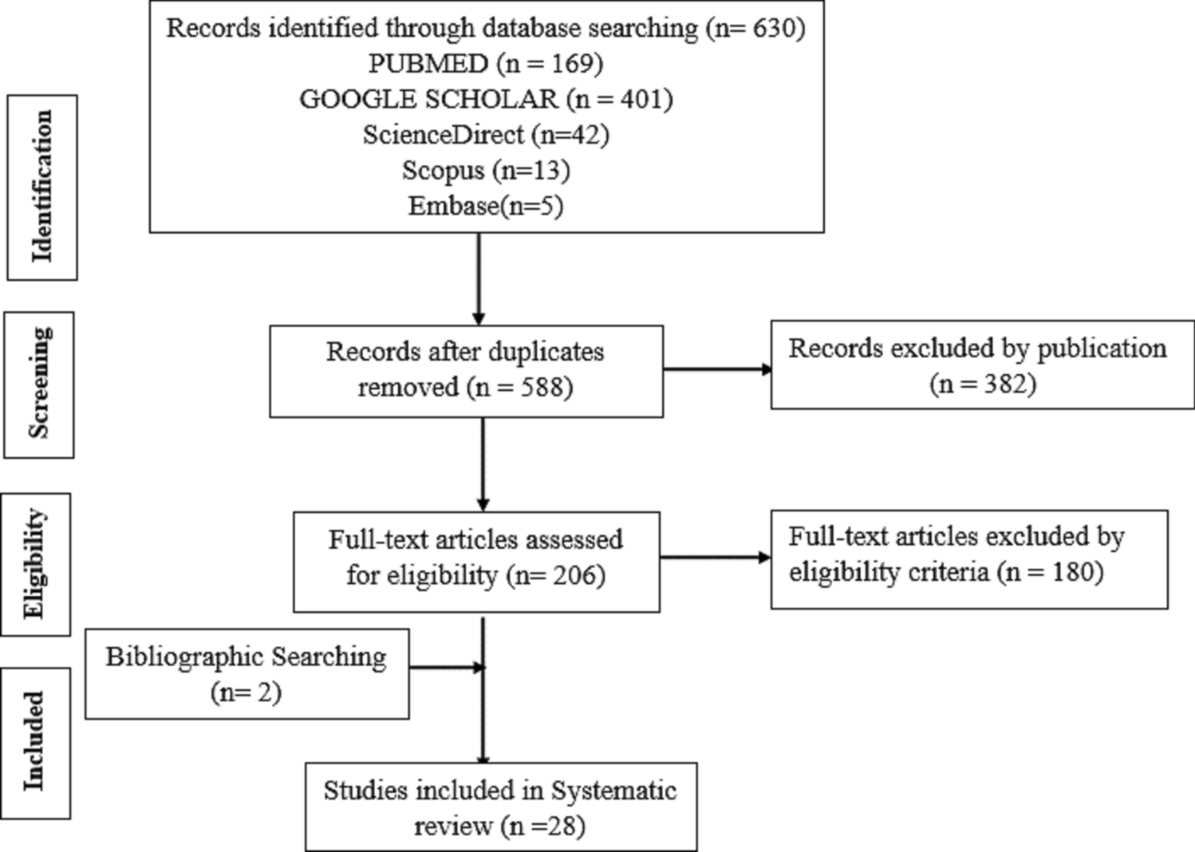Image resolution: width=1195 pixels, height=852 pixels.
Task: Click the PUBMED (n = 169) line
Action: pos(485,63)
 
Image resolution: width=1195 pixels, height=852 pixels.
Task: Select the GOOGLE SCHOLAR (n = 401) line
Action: pos(485,99)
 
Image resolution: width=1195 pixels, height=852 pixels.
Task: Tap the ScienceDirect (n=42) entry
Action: pos(485,134)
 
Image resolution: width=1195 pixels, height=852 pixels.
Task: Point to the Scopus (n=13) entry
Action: pos(485,170)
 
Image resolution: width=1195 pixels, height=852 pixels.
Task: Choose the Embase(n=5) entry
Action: pos(485,206)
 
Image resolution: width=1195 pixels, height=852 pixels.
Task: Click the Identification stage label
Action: pos(42,187)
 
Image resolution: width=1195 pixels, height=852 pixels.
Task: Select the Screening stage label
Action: pos(39,384)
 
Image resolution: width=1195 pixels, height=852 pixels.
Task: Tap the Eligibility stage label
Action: pos(36,564)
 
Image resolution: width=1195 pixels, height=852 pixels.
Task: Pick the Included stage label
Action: pos(35,743)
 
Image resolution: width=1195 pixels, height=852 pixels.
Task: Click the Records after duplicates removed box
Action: pos(466,370)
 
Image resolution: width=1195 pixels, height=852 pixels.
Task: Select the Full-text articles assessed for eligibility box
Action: pos(475,561)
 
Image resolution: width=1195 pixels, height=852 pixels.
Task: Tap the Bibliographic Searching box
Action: pos(246,673)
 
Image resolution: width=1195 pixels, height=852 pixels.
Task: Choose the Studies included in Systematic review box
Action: pos(500,807)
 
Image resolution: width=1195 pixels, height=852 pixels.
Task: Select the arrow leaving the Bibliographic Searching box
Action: pos(446,667)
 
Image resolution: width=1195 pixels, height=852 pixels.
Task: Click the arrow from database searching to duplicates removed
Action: pos(479,278)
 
